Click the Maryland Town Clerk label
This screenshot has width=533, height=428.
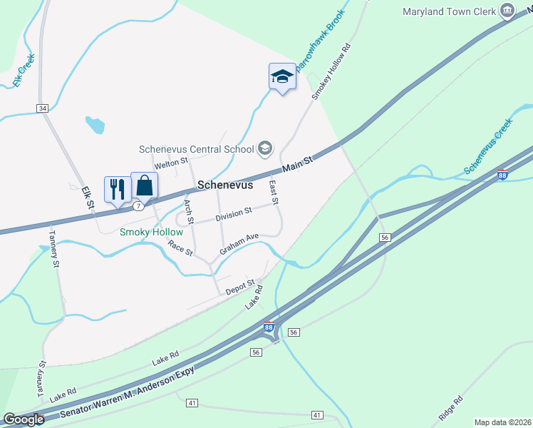pos(448,11)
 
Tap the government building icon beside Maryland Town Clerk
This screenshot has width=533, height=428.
pos(507,11)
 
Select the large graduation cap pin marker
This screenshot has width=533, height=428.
pos(281,76)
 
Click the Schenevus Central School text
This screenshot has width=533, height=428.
pos(197,149)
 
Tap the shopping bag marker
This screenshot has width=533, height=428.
pos(145,185)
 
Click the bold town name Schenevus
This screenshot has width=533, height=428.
pos(225,184)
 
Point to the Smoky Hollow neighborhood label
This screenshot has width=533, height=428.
pos(151,232)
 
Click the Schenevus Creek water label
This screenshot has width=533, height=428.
pos(489,147)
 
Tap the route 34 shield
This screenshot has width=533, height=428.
pos(43,108)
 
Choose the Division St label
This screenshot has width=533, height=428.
pos(234,212)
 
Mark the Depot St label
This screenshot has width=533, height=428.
pos(240,287)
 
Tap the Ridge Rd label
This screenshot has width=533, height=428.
pos(451,407)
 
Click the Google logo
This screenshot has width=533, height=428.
pos(24,419)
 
